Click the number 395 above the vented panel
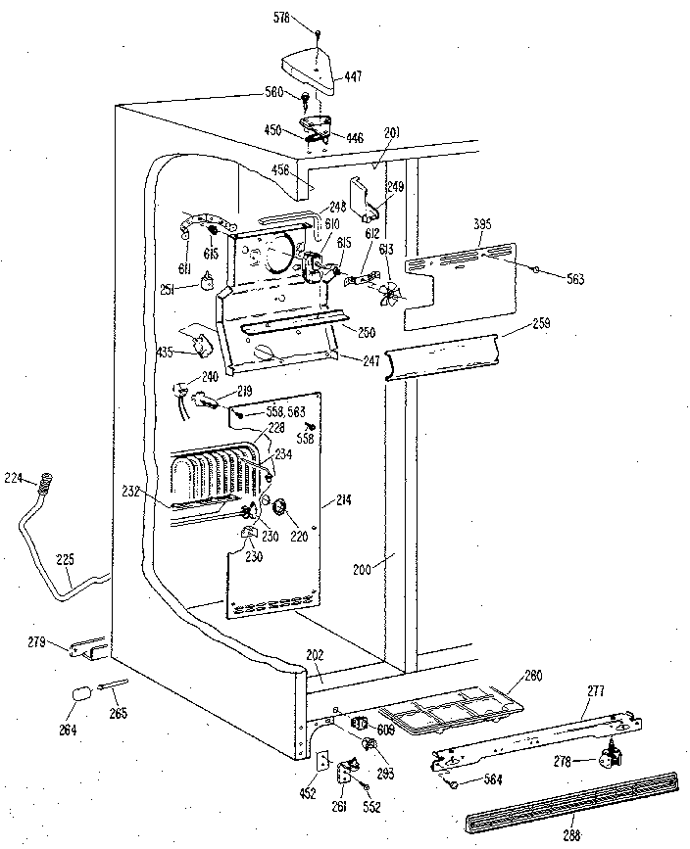click(x=482, y=224)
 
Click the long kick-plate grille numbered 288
click(x=568, y=791)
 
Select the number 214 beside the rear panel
click(x=342, y=500)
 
